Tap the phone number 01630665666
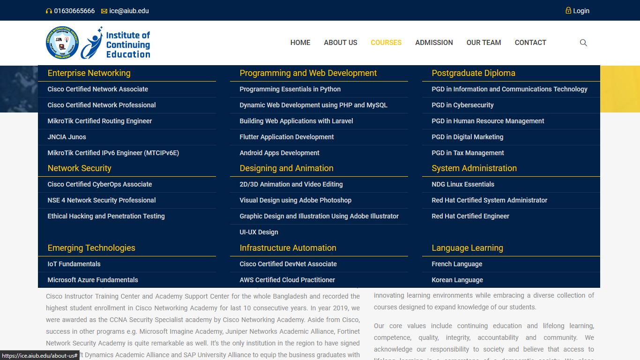(74, 11)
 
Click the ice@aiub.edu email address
(129, 11)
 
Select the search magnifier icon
(583, 43)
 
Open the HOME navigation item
(300, 43)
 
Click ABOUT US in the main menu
(341, 43)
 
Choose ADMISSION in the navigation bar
(434, 43)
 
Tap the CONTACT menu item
(530, 43)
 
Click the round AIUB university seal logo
(62, 43)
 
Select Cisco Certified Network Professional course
(102, 105)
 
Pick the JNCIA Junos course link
(67, 137)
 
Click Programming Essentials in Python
(290, 89)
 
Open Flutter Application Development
(287, 137)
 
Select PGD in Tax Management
(468, 153)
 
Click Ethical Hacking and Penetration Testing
(106, 216)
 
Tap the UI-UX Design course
(259, 232)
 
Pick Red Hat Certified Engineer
(470, 216)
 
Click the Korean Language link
(457, 280)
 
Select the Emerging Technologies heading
(91, 248)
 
